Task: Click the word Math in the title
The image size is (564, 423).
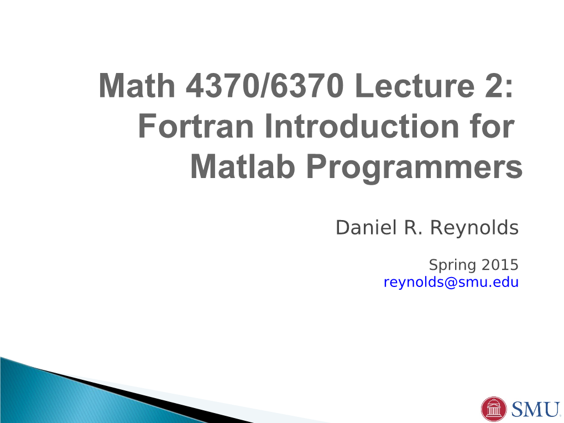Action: [137, 86]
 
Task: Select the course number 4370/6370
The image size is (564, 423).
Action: [265, 86]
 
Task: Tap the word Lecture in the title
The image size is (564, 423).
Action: [414, 86]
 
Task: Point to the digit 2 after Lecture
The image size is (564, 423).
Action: [493, 86]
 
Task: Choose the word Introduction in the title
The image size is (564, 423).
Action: [362, 126]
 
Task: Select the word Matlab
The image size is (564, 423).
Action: [242, 166]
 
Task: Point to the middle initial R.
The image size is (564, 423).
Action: [413, 228]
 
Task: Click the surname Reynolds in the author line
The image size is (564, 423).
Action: [474, 228]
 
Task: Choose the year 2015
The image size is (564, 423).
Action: [500, 265]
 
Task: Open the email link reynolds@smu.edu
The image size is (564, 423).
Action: [451, 283]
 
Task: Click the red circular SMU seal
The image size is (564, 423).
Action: [493, 409]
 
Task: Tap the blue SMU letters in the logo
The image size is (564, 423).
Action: [535, 409]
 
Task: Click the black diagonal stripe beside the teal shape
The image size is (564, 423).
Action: [144, 398]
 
